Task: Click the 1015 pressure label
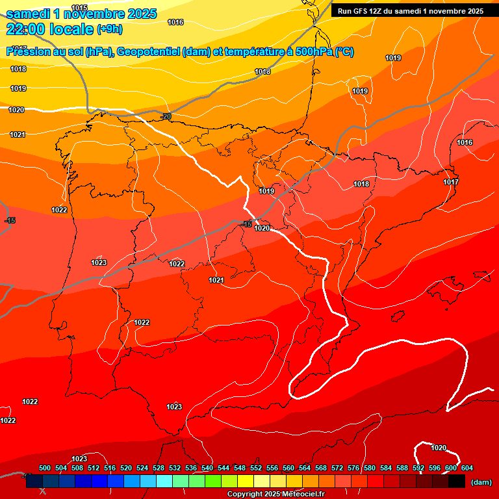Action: [x=79, y=8]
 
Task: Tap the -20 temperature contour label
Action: [x=166, y=116]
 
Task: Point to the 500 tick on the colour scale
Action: [x=45, y=468]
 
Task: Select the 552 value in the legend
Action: [x=256, y=468]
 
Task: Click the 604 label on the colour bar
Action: [x=467, y=468]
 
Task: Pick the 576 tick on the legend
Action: [x=353, y=468]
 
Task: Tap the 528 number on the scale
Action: [x=159, y=468]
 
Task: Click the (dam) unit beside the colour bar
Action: [x=481, y=482]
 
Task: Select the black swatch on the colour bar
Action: [x=457, y=481]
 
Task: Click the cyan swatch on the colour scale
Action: [x=164, y=481]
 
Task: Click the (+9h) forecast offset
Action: [x=109, y=29]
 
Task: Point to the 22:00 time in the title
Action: [x=27, y=29]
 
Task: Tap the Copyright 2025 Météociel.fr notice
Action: [x=275, y=494]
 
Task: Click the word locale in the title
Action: [x=73, y=29]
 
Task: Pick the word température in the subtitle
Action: [x=252, y=52]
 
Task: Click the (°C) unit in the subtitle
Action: [x=344, y=52]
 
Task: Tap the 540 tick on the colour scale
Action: [x=207, y=468]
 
